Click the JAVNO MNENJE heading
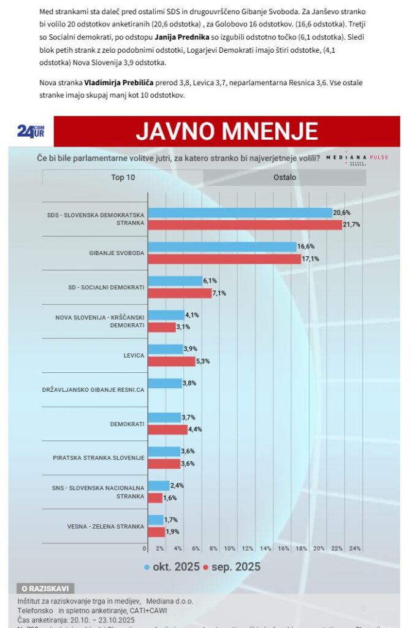click(x=226, y=131)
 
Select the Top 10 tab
click(x=123, y=177)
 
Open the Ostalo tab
click(x=284, y=177)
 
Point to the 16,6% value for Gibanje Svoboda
click(x=306, y=247)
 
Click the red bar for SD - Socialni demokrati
click(x=180, y=293)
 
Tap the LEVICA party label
click(x=133, y=356)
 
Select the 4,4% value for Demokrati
click(x=195, y=429)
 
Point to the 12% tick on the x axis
click(x=248, y=548)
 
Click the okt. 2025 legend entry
click(x=172, y=567)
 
